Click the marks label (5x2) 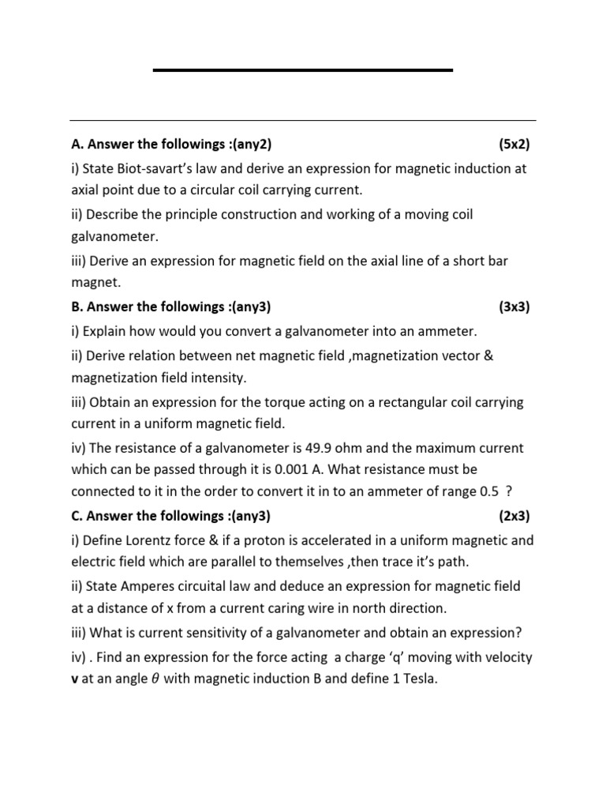point(514,145)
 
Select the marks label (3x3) point(514,307)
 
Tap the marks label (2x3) point(514,516)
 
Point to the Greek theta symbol point(154,679)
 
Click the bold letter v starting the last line point(74,679)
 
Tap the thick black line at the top point(302,70)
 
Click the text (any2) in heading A point(250,145)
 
